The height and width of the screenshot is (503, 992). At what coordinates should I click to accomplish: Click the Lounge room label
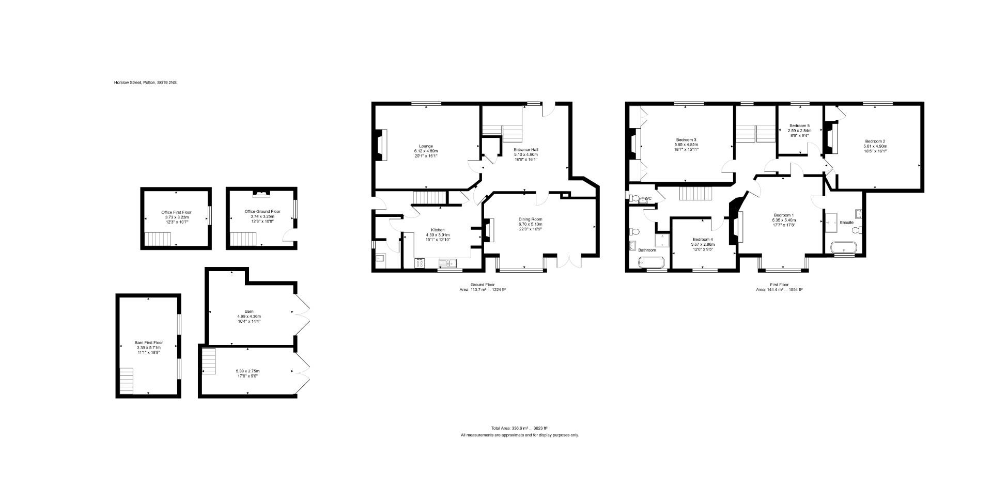(426, 146)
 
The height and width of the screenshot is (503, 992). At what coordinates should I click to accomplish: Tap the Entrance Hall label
(525, 150)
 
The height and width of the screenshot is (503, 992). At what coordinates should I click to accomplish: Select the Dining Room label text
(530, 219)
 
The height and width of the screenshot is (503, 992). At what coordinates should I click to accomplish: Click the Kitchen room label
(438, 230)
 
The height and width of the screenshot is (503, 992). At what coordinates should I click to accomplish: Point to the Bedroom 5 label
(799, 126)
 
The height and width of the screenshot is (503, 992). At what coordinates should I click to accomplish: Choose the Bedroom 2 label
(875, 142)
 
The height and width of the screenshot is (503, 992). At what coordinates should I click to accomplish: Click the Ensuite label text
(846, 223)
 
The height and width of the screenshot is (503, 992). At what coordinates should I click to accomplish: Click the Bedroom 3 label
(686, 140)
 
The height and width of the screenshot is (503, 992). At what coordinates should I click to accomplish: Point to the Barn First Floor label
(148, 343)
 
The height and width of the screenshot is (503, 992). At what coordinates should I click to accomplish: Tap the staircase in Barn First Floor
(126, 381)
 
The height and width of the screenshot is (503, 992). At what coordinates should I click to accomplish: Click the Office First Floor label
(176, 212)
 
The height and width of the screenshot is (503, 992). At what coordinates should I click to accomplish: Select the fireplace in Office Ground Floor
(261, 194)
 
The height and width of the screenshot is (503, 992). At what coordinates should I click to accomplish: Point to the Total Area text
(519, 428)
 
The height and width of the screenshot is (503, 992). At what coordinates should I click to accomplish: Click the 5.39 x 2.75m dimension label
(247, 371)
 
